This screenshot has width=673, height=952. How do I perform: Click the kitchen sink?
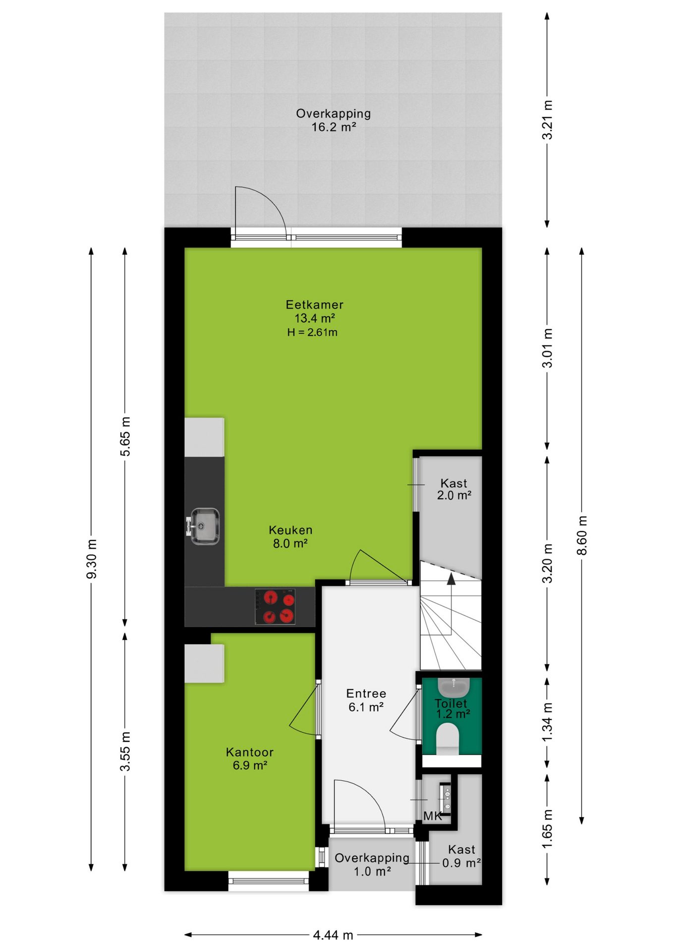click(203, 526)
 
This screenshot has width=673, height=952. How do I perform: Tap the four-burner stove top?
click(275, 606)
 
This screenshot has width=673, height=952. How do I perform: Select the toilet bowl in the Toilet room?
click(448, 739)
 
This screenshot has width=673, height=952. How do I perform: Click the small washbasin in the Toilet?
click(453, 687)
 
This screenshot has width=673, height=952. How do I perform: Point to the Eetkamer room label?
click(314, 304)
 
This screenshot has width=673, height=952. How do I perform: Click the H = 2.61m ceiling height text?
click(312, 332)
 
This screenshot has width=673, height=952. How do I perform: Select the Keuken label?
click(290, 530)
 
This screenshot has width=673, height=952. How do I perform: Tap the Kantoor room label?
click(250, 752)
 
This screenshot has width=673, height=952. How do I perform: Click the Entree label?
click(366, 694)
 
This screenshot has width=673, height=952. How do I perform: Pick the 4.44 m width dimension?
click(333, 935)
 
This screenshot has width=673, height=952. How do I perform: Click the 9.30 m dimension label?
click(92, 559)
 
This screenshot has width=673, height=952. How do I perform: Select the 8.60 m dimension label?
click(582, 535)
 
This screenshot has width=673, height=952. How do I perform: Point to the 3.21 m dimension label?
click(547, 120)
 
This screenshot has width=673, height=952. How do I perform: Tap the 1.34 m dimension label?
click(547, 722)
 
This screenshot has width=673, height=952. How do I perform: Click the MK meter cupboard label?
click(433, 816)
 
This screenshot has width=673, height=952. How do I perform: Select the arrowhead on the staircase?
click(451, 579)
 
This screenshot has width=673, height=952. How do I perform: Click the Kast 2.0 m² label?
click(454, 489)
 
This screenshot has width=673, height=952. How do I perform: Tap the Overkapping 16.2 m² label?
click(334, 120)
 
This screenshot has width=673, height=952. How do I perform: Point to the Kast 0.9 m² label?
click(461, 856)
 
